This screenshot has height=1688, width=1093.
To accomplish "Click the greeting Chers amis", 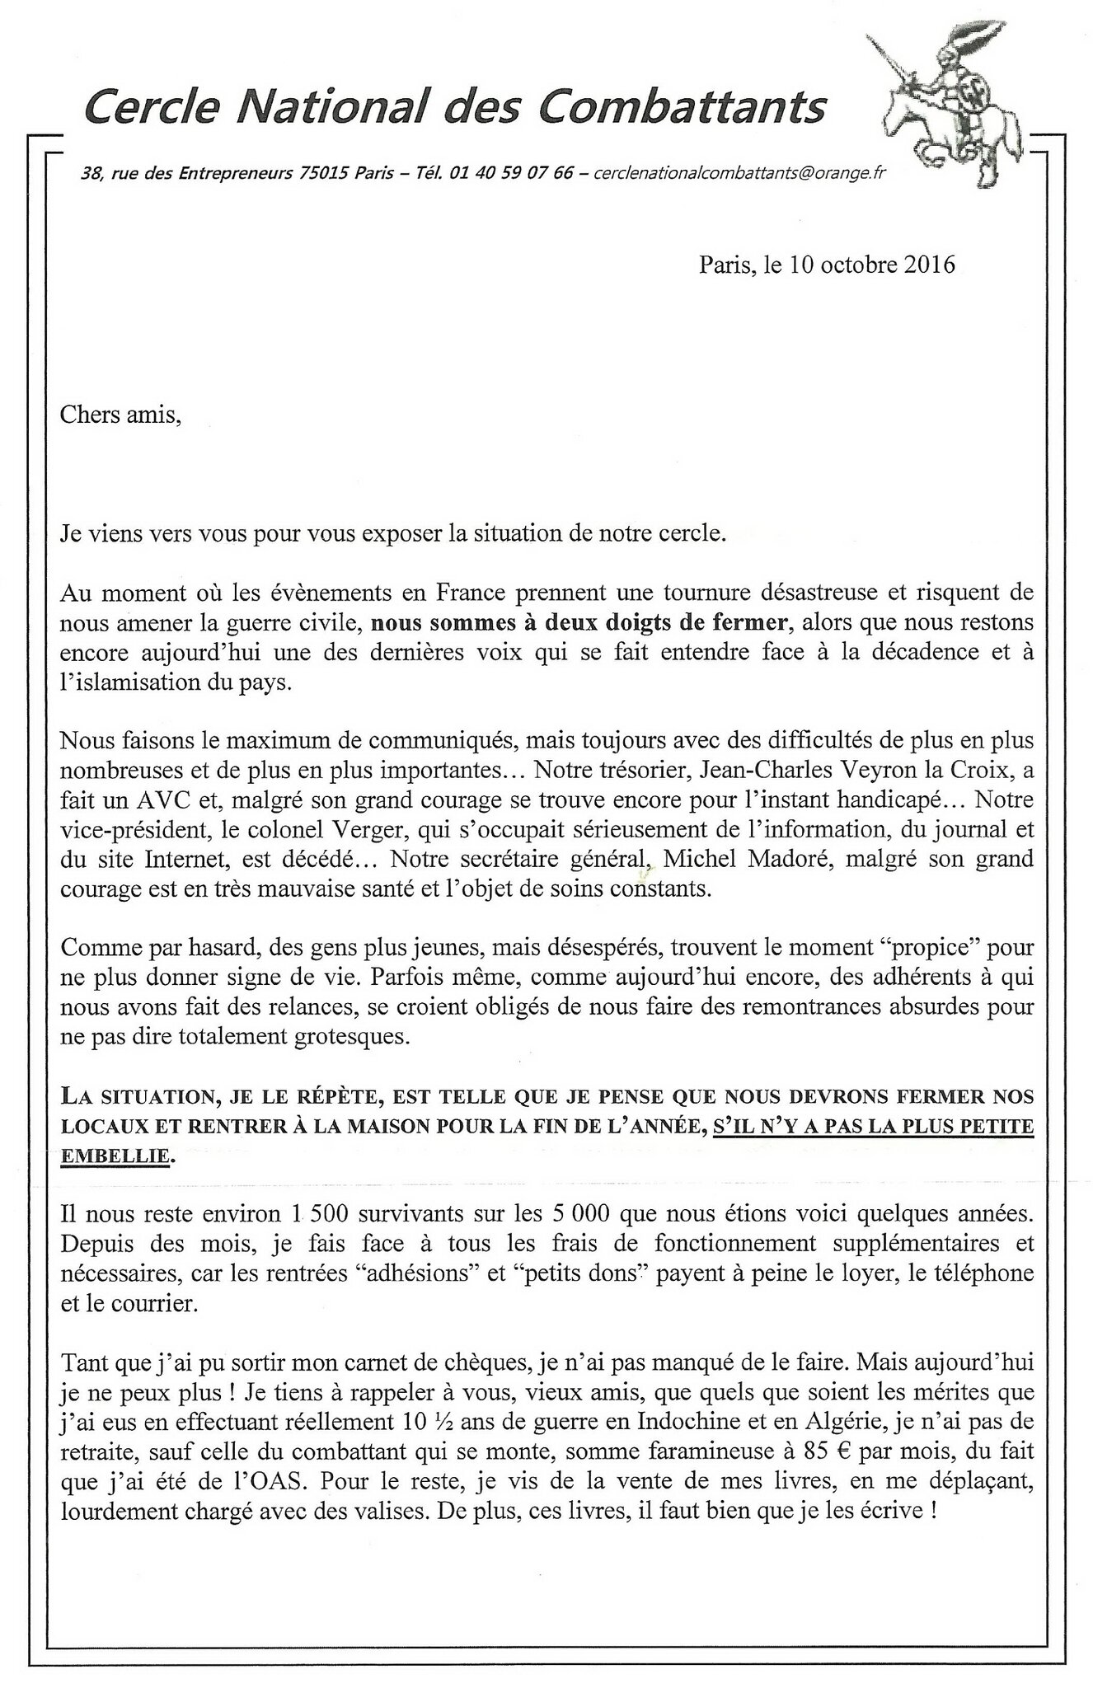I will (x=120, y=415).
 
